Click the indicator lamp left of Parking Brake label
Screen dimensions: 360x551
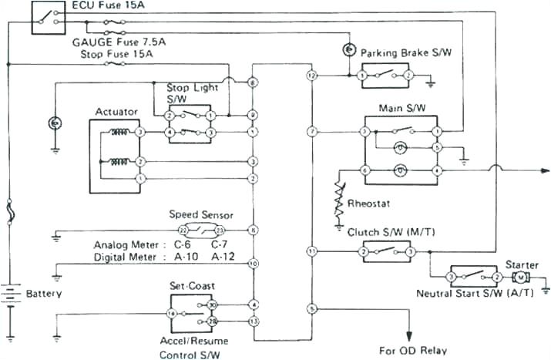[348, 51]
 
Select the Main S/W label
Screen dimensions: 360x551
[398, 108]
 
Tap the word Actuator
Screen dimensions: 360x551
[116, 112]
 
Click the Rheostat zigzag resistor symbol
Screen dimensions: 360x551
[338, 200]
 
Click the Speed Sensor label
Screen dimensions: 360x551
[201, 215]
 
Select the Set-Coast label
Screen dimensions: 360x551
[188, 285]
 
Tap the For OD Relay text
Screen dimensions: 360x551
[412, 350]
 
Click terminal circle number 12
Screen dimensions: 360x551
[311, 76]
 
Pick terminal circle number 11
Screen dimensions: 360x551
[311, 251]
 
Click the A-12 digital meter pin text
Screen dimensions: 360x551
[223, 256]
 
